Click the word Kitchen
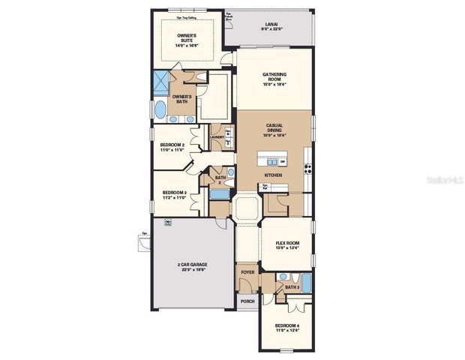coord(273,175)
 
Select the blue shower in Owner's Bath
coord(161,82)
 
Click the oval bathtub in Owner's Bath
coord(161,109)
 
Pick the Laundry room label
coord(217,137)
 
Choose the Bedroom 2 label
coord(172,145)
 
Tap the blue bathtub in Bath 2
coord(219,194)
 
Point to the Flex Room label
coord(287,245)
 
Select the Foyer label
coord(247,272)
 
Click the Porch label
coord(247,301)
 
